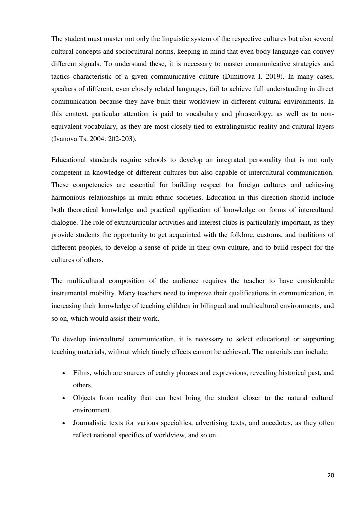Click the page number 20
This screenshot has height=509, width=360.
330,475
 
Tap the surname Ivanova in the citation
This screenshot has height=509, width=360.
63,139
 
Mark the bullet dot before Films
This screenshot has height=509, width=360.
63,373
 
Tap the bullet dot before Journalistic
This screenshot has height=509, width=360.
63,423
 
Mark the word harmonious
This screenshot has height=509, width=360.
68,197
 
